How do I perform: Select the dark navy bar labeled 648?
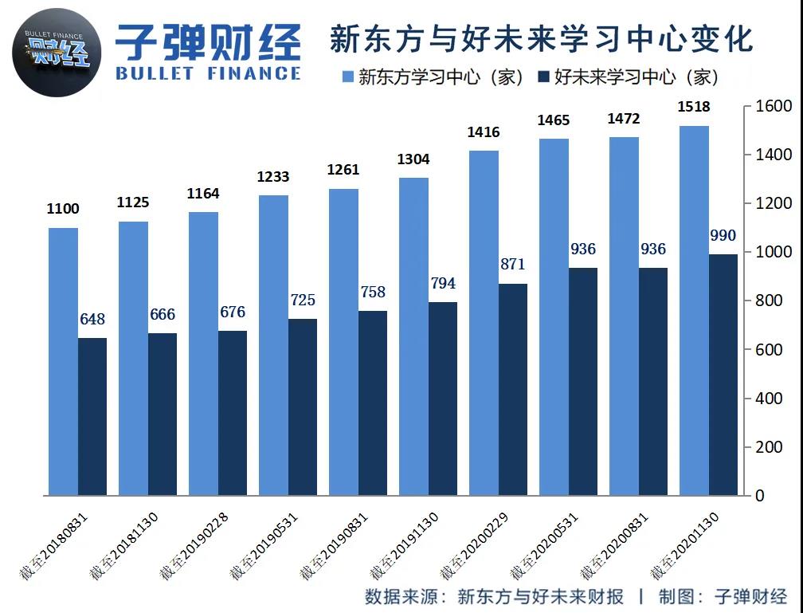coord(92,416)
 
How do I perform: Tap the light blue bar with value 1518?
coord(693,311)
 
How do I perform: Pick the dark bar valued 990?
coord(723,375)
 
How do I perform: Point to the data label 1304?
coord(413,159)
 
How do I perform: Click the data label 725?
coord(302,301)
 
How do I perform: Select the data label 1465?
coord(553,120)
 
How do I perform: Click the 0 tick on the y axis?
coord(759,496)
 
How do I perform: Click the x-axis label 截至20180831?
coord(54,547)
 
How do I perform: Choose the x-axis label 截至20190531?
coord(264,547)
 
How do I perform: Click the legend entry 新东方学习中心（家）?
coord(433,77)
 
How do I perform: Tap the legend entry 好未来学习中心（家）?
coord(629,77)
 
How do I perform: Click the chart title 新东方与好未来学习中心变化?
coord(541,38)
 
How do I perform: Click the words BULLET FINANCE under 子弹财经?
coord(208,73)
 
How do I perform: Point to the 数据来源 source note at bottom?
coord(494,596)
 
